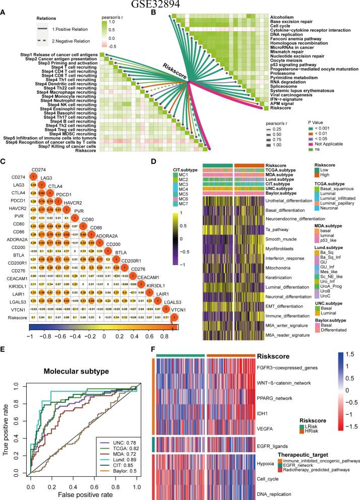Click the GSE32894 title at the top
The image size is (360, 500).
[x=179, y=5]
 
